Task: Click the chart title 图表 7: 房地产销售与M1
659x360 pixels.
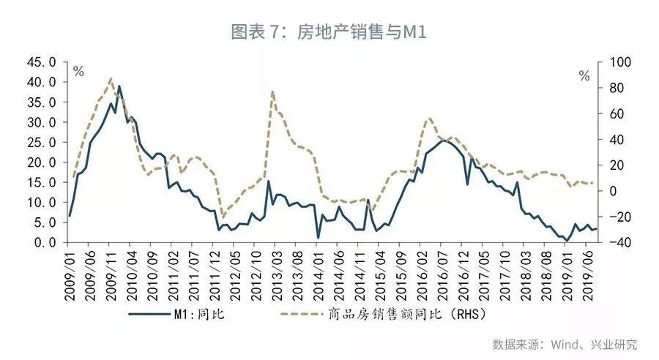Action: (329, 32)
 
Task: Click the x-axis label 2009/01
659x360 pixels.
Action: (70, 271)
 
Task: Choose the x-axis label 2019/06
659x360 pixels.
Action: (588, 271)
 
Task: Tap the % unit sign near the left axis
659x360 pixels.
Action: (78, 72)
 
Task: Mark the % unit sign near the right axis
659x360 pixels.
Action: (584, 76)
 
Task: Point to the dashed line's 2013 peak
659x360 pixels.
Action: (272, 91)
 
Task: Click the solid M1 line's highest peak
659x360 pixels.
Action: (119, 86)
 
